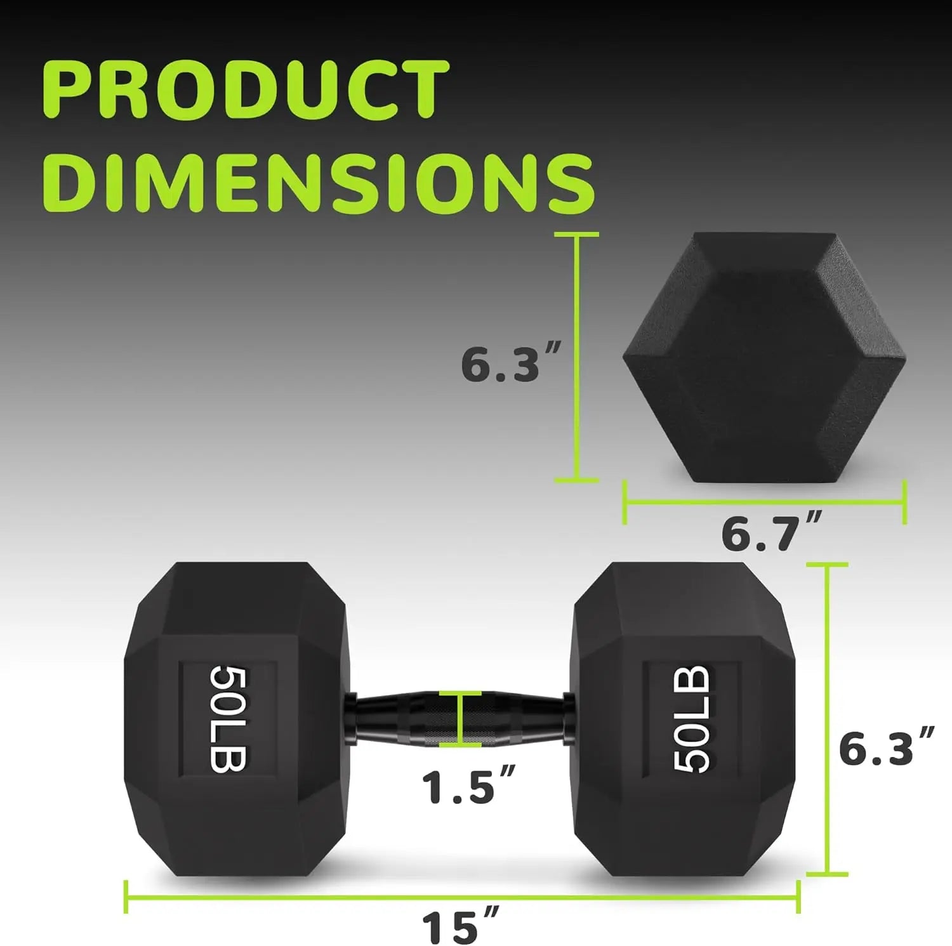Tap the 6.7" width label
click(x=770, y=533)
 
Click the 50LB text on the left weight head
click(x=228, y=719)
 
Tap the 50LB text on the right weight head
click(x=691, y=719)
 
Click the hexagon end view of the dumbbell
click(x=764, y=357)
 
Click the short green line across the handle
click(x=460, y=719)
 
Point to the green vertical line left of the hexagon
click(x=577, y=357)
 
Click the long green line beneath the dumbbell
click(x=461, y=897)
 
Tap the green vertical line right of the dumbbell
click(x=827, y=719)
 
